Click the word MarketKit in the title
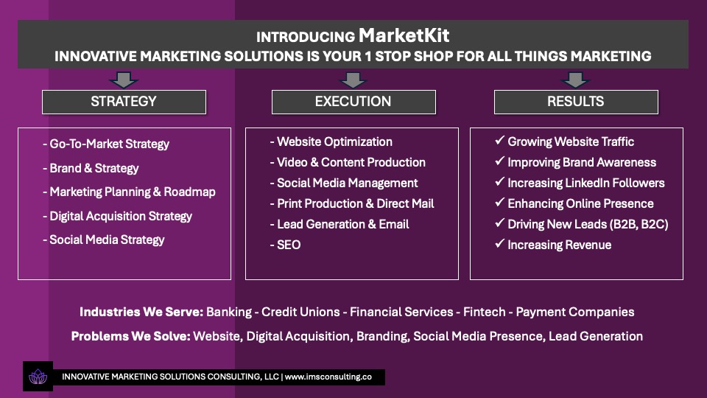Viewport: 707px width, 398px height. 404,35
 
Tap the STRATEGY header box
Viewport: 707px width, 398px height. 124,102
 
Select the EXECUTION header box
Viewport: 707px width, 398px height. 353,102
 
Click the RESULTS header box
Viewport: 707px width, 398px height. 576,102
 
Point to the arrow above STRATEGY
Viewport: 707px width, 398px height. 124,80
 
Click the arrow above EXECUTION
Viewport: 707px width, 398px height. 353,80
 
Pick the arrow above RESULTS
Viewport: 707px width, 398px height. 575,80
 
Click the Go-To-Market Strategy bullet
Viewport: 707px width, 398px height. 106,144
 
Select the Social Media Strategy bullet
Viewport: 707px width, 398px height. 104,240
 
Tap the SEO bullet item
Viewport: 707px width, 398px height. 286,245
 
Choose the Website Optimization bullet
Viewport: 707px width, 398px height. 331,142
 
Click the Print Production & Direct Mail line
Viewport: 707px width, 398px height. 352,203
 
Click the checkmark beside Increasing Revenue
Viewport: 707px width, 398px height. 499,244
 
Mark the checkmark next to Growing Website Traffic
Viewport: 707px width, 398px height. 499,140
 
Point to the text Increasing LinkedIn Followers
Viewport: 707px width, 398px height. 586,184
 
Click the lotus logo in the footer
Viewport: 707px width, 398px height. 38,377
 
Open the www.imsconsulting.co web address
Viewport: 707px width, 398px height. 328,377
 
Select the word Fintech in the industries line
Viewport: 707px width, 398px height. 485,312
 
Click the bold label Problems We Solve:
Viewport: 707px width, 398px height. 131,336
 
